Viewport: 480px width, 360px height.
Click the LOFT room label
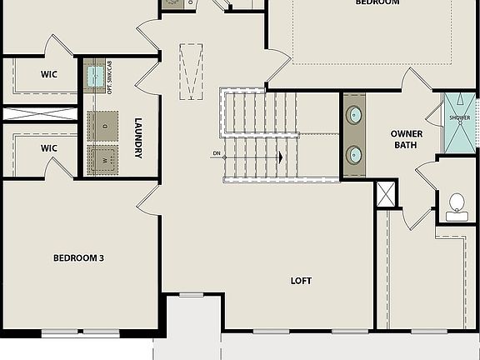pyautogui.click(x=301, y=281)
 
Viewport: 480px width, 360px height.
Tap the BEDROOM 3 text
pyautogui.click(x=78, y=258)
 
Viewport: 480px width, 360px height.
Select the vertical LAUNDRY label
pyautogui.click(x=138, y=137)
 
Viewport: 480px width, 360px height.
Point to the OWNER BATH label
pyautogui.click(x=407, y=139)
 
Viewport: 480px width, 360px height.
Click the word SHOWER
pyautogui.click(x=459, y=118)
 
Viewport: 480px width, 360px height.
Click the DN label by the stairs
pyautogui.click(x=217, y=153)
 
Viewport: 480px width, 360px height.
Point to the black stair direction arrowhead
pyautogui.click(x=280, y=157)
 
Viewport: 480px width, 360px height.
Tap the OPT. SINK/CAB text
pyautogui.click(x=110, y=77)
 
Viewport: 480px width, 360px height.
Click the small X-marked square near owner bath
pyautogui.click(x=387, y=194)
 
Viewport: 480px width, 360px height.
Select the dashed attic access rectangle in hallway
pyautogui.click(x=191, y=71)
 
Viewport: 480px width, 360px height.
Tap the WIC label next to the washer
pyautogui.click(x=49, y=148)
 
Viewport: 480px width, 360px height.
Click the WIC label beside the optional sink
pyautogui.click(x=49, y=74)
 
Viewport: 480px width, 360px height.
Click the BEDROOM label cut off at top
pyautogui.click(x=377, y=2)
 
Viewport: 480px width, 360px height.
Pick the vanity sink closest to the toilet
pyautogui.click(x=355, y=154)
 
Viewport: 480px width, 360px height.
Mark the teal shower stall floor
pyautogui.click(x=458, y=133)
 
